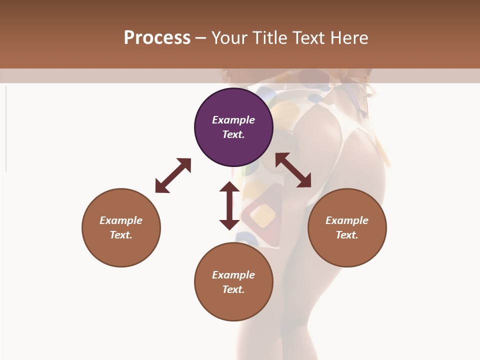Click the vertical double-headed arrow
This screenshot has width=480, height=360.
pyautogui.click(x=229, y=205)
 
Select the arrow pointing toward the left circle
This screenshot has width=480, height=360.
pyautogui.click(x=173, y=175)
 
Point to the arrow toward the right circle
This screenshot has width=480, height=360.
pyautogui.click(x=293, y=170)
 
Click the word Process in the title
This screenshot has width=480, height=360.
pyautogui.click(x=157, y=38)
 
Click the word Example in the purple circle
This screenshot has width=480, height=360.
pyautogui.click(x=233, y=120)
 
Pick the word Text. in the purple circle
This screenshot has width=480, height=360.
pyautogui.click(x=233, y=134)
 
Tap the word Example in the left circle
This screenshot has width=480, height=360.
pyautogui.click(x=121, y=220)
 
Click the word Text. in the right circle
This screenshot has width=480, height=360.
pyautogui.click(x=347, y=235)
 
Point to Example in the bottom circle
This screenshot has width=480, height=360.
pyautogui.click(x=233, y=275)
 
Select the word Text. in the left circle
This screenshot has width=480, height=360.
pyautogui.click(x=121, y=235)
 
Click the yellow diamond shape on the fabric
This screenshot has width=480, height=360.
pyautogui.click(x=262, y=215)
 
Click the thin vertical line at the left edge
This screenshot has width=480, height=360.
pyautogui.click(x=6, y=129)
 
